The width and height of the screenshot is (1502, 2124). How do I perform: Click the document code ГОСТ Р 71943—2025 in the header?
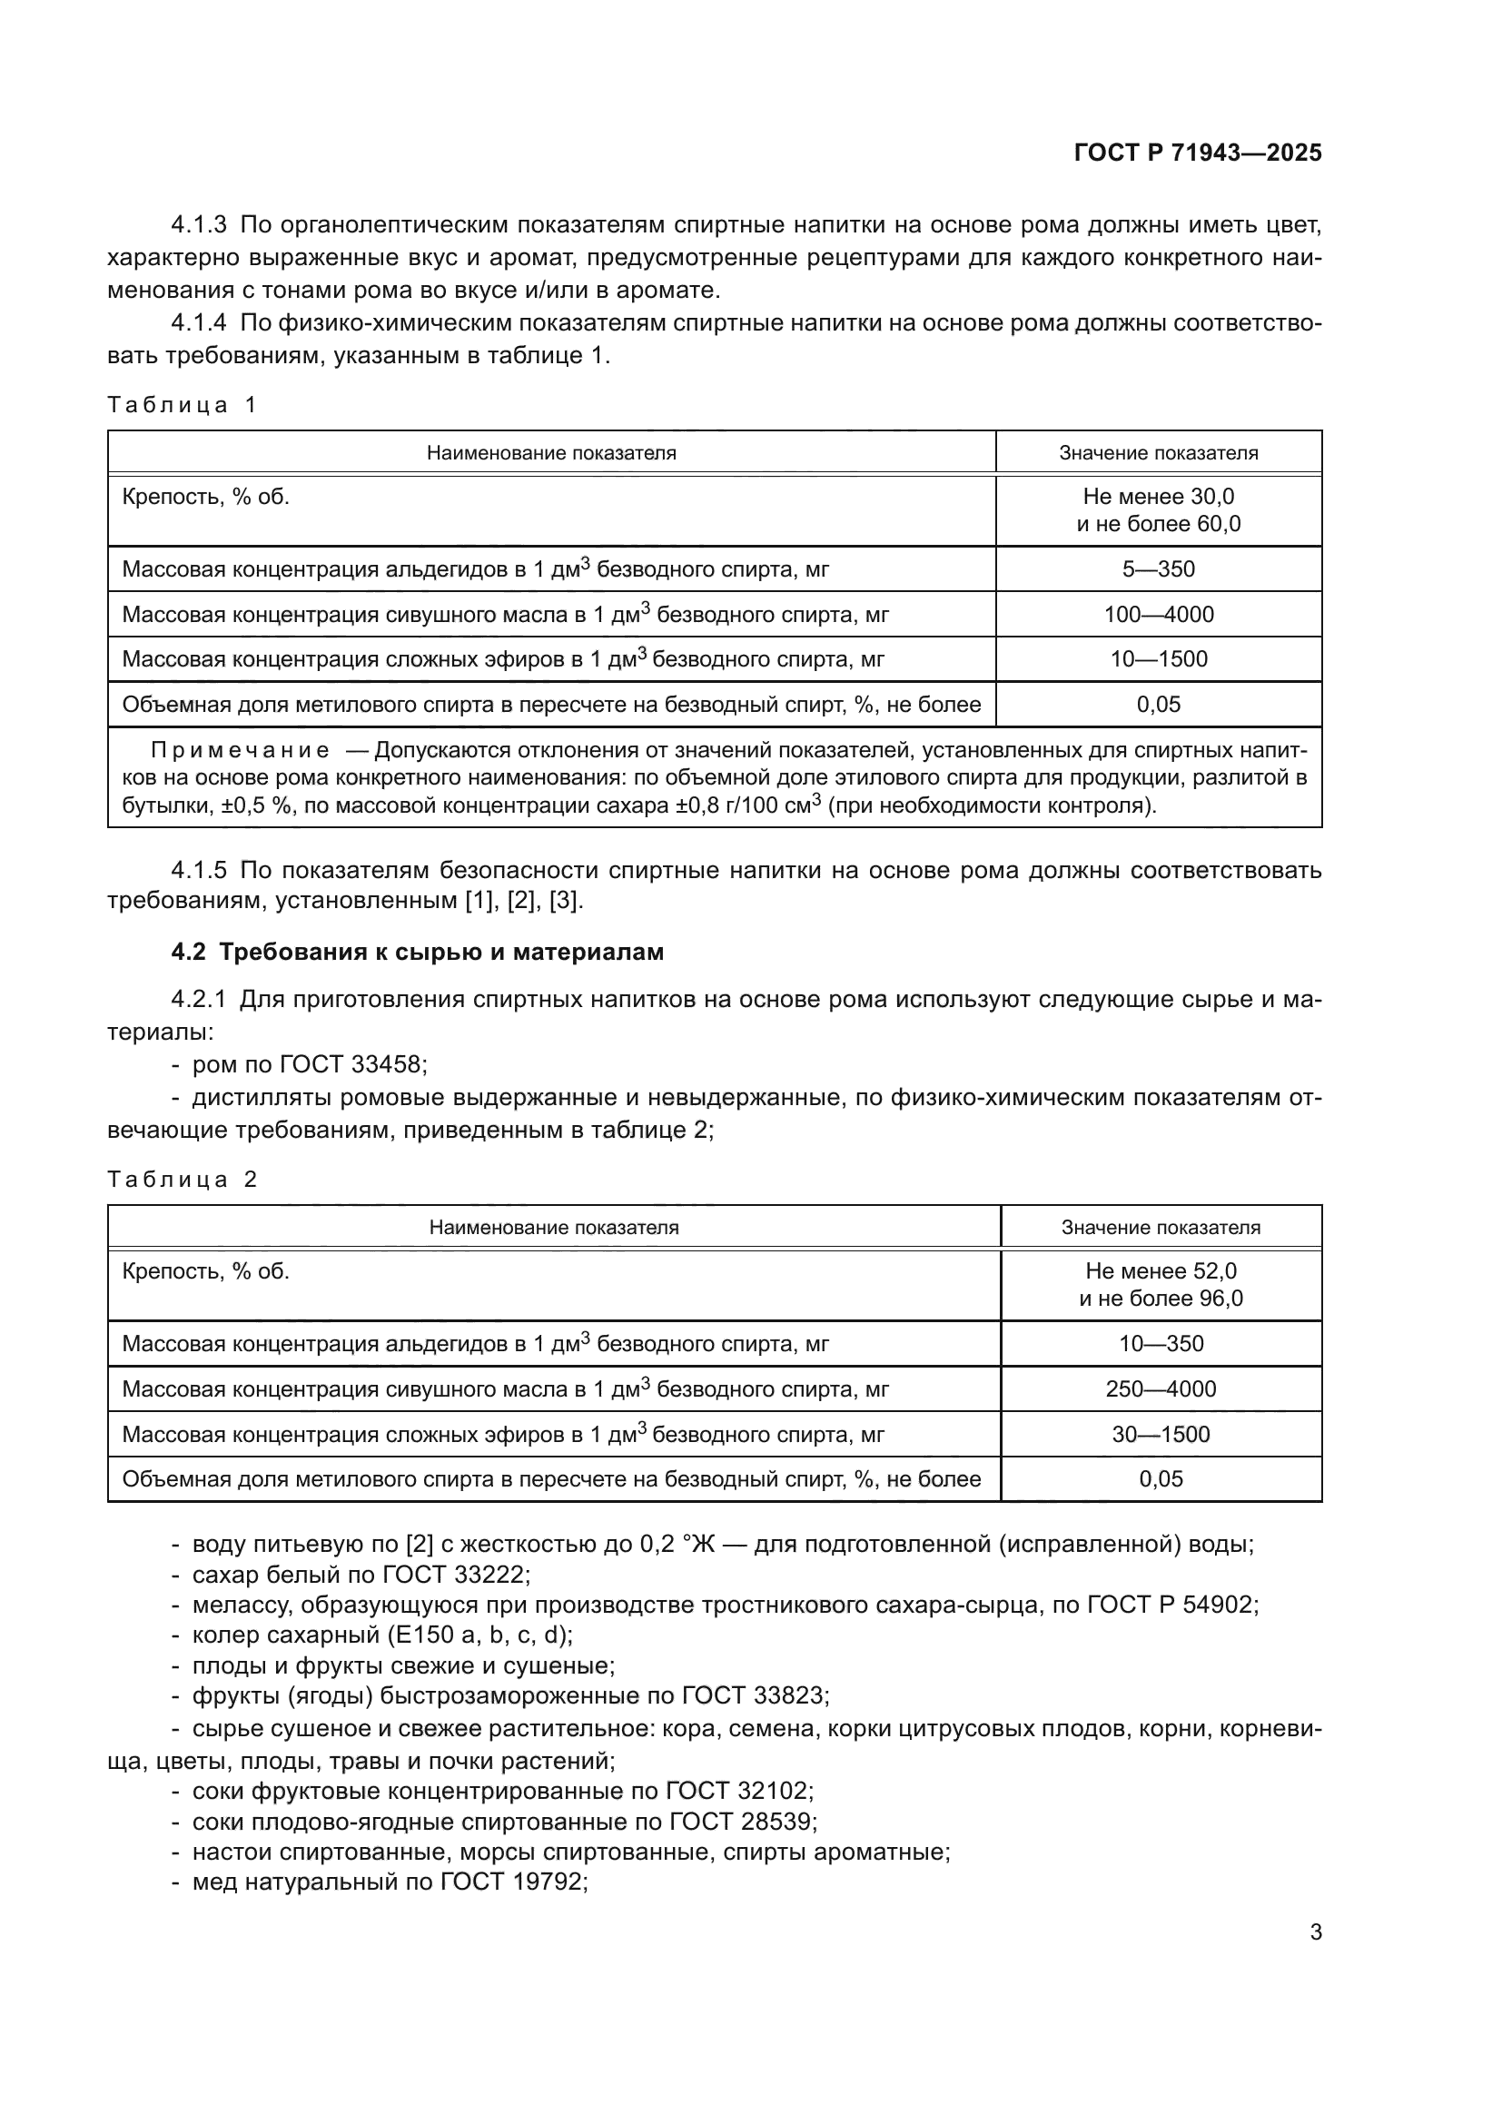click(1197, 153)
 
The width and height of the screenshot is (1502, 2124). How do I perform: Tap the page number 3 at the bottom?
click(1315, 1932)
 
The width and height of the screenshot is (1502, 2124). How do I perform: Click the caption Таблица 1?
click(183, 404)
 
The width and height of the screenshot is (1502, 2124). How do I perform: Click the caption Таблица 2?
click(183, 1180)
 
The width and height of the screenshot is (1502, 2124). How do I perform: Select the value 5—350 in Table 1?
click(1158, 569)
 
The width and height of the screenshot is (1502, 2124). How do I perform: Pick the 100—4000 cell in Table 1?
click(1158, 614)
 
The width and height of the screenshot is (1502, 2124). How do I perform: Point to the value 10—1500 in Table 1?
click(1158, 659)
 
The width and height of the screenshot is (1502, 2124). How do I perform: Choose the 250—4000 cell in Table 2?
click(1161, 1389)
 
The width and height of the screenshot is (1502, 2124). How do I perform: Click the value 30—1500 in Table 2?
click(1161, 1435)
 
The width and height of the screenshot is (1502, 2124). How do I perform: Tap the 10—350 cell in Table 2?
click(1161, 1344)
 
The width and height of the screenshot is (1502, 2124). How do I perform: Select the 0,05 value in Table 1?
click(1158, 705)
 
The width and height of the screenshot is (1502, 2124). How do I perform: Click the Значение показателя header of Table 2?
click(1161, 1228)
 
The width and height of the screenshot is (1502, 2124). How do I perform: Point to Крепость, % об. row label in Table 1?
click(205, 497)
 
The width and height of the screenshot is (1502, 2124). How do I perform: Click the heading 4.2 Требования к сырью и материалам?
click(417, 952)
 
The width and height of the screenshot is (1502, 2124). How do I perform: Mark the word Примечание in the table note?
click(240, 750)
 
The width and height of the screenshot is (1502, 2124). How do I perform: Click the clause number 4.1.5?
click(198, 871)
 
